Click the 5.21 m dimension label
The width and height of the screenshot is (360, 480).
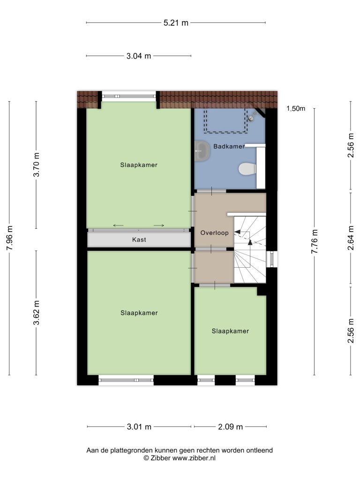point(176,22)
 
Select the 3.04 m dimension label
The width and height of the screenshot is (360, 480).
point(139,56)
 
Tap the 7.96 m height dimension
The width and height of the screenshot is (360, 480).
point(9,238)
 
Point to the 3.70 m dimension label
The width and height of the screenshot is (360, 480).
point(37,165)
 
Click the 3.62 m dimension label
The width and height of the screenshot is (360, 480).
point(37,313)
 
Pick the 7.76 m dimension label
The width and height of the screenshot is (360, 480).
point(315,241)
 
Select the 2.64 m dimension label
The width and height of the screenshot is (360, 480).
point(351,238)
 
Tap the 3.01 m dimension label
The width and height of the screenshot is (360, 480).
point(139,427)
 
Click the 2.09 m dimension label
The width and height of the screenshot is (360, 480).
point(230,427)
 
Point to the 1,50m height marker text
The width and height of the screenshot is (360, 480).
point(296,108)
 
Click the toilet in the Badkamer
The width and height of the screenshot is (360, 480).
point(247,169)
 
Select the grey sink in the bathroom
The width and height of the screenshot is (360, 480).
point(202,150)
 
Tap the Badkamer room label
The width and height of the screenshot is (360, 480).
point(229,146)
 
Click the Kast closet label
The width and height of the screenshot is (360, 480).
point(139,240)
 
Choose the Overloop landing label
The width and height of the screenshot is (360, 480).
point(214,233)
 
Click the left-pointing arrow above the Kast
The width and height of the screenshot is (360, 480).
point(118,225)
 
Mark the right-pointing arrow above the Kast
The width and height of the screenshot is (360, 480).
point(159,225)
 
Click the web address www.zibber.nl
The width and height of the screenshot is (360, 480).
point(194,458)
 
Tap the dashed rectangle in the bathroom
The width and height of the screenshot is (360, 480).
point(225,120)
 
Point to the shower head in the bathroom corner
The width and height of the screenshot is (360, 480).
point(253,117)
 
